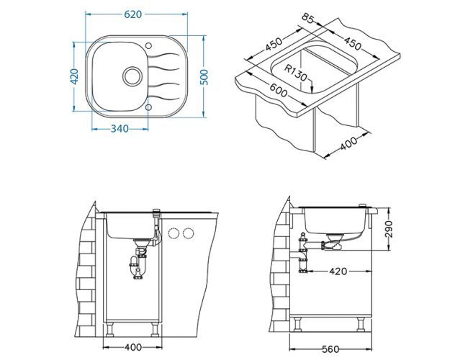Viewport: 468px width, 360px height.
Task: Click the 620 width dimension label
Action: point(132,14)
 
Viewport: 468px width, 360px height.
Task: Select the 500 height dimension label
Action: point(204,77)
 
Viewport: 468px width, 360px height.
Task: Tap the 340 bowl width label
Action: point(120,129)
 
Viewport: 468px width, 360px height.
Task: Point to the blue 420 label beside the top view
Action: point(74,76)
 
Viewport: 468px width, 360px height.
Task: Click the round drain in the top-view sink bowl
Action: point(132,76)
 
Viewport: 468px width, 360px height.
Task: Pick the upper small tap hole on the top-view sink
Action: point(148,45)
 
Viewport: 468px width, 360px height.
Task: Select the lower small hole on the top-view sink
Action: point(148,107)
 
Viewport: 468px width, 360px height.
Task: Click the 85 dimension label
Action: point(308,18)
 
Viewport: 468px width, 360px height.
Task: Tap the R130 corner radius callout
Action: point(295,73)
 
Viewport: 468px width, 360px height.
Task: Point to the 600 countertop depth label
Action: point(279,90)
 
